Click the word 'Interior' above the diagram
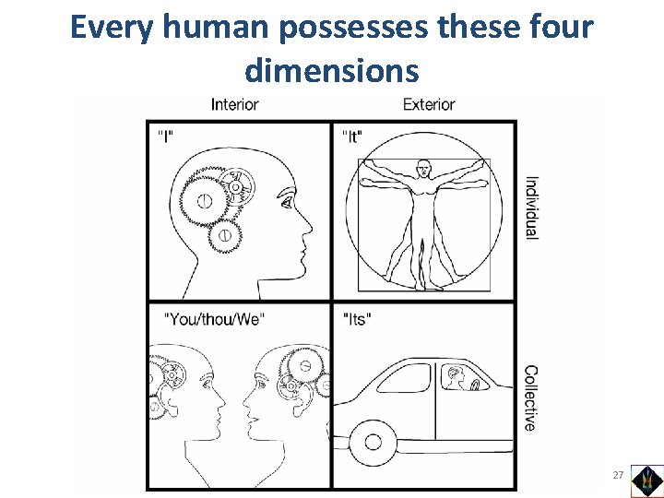(234, 104)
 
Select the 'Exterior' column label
(429, 104)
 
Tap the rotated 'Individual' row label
(532, 207)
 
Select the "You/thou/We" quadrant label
(215, 318)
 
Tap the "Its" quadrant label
(357, 318)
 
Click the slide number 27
(617, 475)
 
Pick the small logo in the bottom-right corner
(646, 480)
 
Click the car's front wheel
(373, 442)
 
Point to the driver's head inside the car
(454, 375)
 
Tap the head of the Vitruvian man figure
(423, 169)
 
